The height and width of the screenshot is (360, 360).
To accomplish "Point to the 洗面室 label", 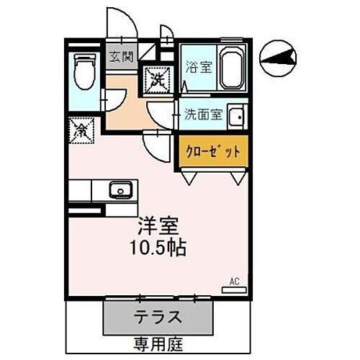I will point(201,114).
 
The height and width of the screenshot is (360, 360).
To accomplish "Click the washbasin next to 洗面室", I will point(237,115).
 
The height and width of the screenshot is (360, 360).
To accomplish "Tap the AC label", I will point(234,281).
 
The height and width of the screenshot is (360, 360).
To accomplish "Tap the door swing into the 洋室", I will point(155,148).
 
